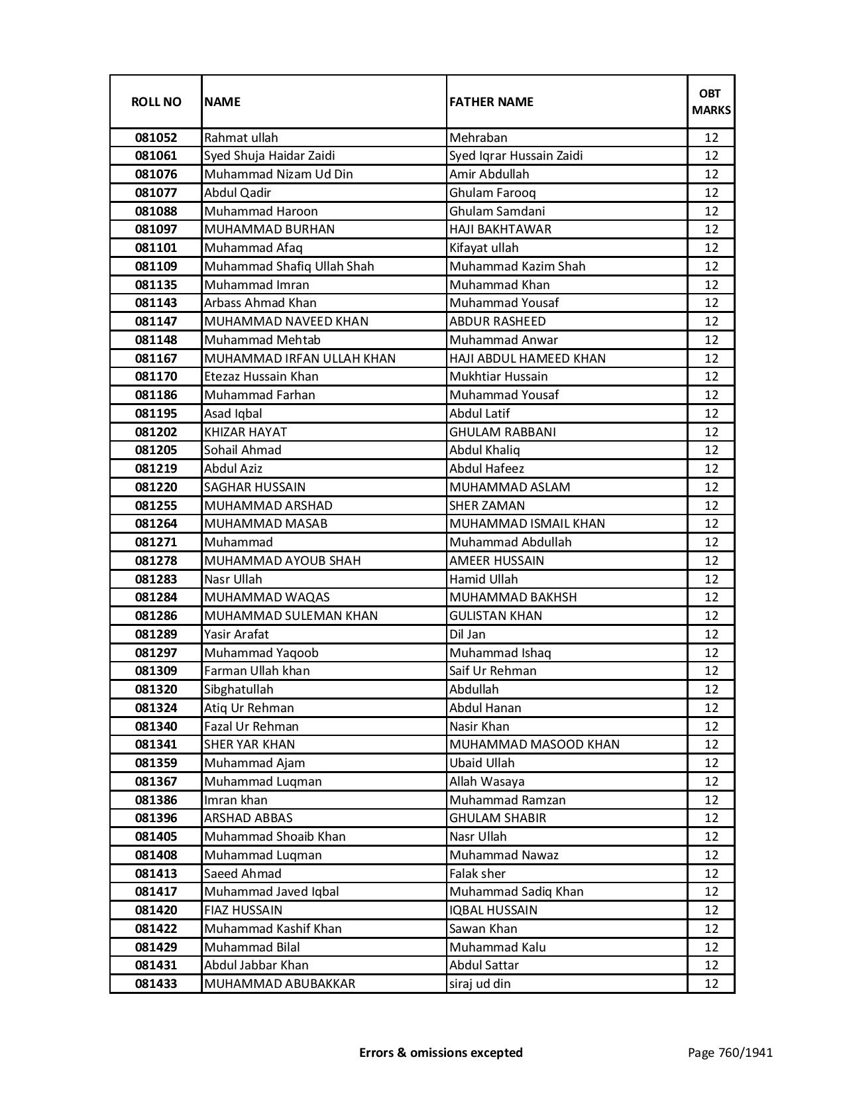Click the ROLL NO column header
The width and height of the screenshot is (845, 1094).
[156, 101]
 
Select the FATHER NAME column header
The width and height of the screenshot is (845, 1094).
[491, 101]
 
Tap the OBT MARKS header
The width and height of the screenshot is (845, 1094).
[711, 101]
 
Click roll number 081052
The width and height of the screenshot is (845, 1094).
[156, 138]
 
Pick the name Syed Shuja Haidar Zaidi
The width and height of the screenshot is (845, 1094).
[270, 156]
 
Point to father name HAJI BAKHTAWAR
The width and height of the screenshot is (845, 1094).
[500, 229]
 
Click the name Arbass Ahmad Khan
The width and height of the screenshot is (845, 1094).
[260, 303]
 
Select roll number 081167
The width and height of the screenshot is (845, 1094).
[156, 359]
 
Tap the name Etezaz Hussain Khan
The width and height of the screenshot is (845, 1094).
[261, 377]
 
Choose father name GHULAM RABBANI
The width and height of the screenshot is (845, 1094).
[502, 432]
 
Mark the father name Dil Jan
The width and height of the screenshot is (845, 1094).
[467, 635]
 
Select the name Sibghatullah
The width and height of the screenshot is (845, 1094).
[239, 690]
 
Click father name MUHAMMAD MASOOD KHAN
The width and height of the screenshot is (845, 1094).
[534, 745]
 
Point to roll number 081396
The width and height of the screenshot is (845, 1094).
[156, 818]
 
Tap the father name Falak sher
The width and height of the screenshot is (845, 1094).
[477, 874]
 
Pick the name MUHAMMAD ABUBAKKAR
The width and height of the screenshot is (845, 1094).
[280, 984]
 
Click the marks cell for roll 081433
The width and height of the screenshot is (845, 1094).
[711, 984]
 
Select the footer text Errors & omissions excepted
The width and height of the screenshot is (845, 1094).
[441, 1052]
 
